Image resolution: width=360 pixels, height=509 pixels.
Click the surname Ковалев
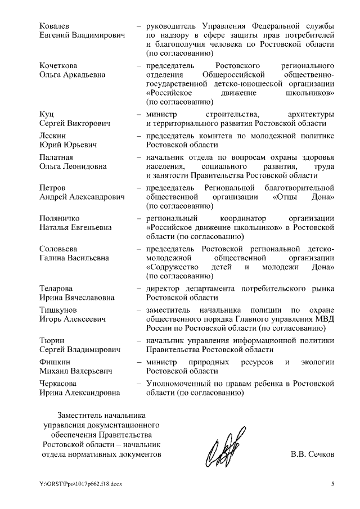click(55, 26)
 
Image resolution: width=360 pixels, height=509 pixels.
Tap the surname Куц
click(47, 114)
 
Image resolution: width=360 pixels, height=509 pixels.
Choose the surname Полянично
click(61, 218)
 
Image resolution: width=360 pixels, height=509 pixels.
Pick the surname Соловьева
click(59, 249)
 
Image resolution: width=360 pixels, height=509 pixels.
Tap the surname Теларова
click(57, 289)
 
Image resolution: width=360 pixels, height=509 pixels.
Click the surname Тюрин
click(52, 340)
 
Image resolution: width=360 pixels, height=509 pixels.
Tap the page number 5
click(332, 483)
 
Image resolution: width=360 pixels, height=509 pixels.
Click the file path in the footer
click(81, 484)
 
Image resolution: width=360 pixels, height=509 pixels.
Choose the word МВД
click(325, 319)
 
